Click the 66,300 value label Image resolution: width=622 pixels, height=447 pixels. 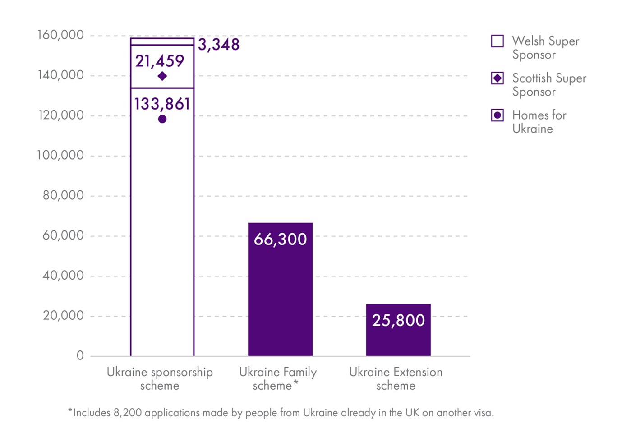(x=280, y=239)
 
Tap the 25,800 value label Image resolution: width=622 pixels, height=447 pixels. (x=398, y=320)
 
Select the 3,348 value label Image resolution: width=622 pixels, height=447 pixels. (x=219, y=45)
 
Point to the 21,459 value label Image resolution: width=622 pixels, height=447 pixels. (x=160, y=61)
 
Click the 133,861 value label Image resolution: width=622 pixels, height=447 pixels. (x=162, y=104)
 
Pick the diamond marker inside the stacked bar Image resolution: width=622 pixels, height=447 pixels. (x=162, y=76)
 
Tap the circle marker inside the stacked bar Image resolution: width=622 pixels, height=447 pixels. (x=162, y=119)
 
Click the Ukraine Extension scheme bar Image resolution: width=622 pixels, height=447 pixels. (x=398, y=338)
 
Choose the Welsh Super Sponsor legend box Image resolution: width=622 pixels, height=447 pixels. (x=498, y=41)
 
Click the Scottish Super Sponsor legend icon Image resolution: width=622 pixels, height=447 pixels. (x=498, y=78)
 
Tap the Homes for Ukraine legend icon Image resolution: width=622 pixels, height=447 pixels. (x=498, y=115)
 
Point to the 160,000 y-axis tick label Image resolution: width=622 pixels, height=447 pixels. (x=60, y=35)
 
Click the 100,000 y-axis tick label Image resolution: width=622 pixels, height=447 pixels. (x=60, y=155)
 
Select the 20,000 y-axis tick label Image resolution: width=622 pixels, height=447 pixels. (x=63, y=315)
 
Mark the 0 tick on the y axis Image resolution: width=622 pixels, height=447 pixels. (x=80, y=355)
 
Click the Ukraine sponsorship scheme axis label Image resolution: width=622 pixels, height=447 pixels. (x=160, y=378)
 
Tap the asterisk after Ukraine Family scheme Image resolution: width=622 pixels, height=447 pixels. (x=296, y=383)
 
